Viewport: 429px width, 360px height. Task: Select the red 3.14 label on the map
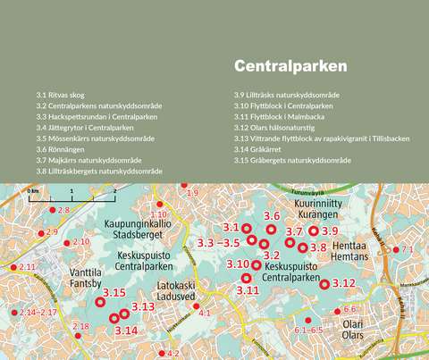[x=126, y=331]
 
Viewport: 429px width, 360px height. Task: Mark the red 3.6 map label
[x=273, y=216]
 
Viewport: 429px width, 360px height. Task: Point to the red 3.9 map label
[x=329, y=231]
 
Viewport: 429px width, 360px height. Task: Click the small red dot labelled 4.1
[x=197, y=306]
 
